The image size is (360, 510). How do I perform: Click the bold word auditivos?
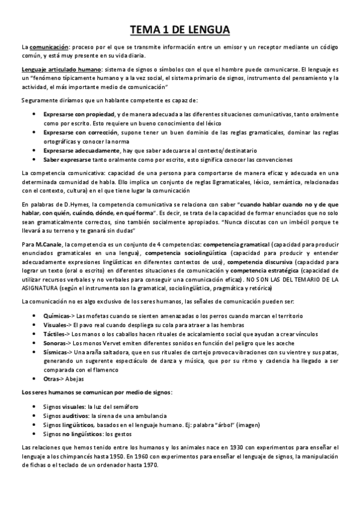point(74,416)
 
